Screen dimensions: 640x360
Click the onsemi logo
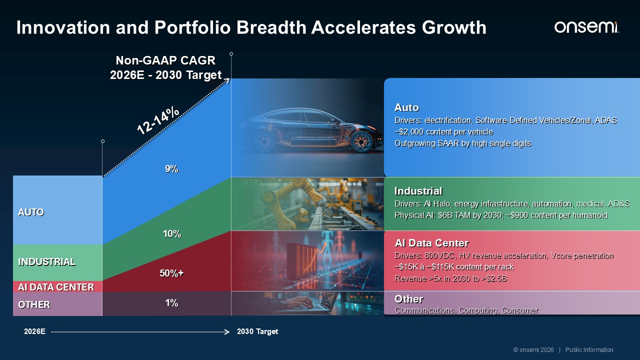coord(586,27)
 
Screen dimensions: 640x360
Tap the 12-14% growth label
coord(158,121)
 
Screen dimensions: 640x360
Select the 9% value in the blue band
coord(171,169)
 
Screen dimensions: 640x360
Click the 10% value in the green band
coord(171,234)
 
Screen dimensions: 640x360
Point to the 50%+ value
coord(171,273)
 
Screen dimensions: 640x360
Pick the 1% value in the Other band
coord(171,303)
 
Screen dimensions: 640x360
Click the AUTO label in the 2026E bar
coord(31,212)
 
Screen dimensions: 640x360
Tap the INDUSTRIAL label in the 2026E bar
coord(46,261)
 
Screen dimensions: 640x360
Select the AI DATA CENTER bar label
coord(56,287)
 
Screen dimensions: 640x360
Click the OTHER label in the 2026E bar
coord(34,304)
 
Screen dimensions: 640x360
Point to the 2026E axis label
coord(34,331)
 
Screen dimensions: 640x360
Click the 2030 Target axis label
coord(257,331)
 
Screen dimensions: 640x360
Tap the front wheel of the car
coord(362,141)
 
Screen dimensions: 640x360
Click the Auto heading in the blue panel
coord(406,107)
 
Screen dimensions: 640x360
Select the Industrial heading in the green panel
coord(418,191)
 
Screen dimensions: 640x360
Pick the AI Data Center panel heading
coord(431,243)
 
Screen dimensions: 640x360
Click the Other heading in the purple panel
coord(409,299)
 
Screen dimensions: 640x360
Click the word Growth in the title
coord(454,27)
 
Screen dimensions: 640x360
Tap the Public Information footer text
coord(589,350)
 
